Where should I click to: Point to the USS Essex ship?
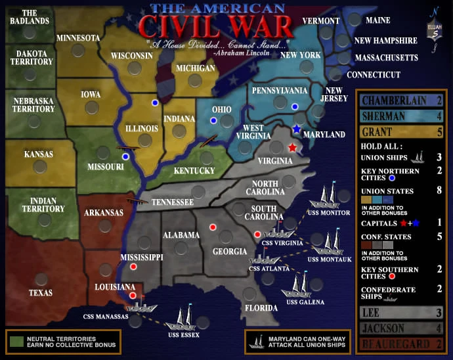[x=181, y=319]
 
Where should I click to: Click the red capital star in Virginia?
[x=292, y=148]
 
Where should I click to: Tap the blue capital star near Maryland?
[x=297, y=129]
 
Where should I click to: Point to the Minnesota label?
[x=77, y=37]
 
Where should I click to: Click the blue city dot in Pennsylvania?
[x=295, y=106]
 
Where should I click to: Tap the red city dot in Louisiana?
[x=133, y=296]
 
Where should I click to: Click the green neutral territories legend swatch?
[x=16, y=340]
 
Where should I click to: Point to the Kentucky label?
[x=194, y=171]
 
